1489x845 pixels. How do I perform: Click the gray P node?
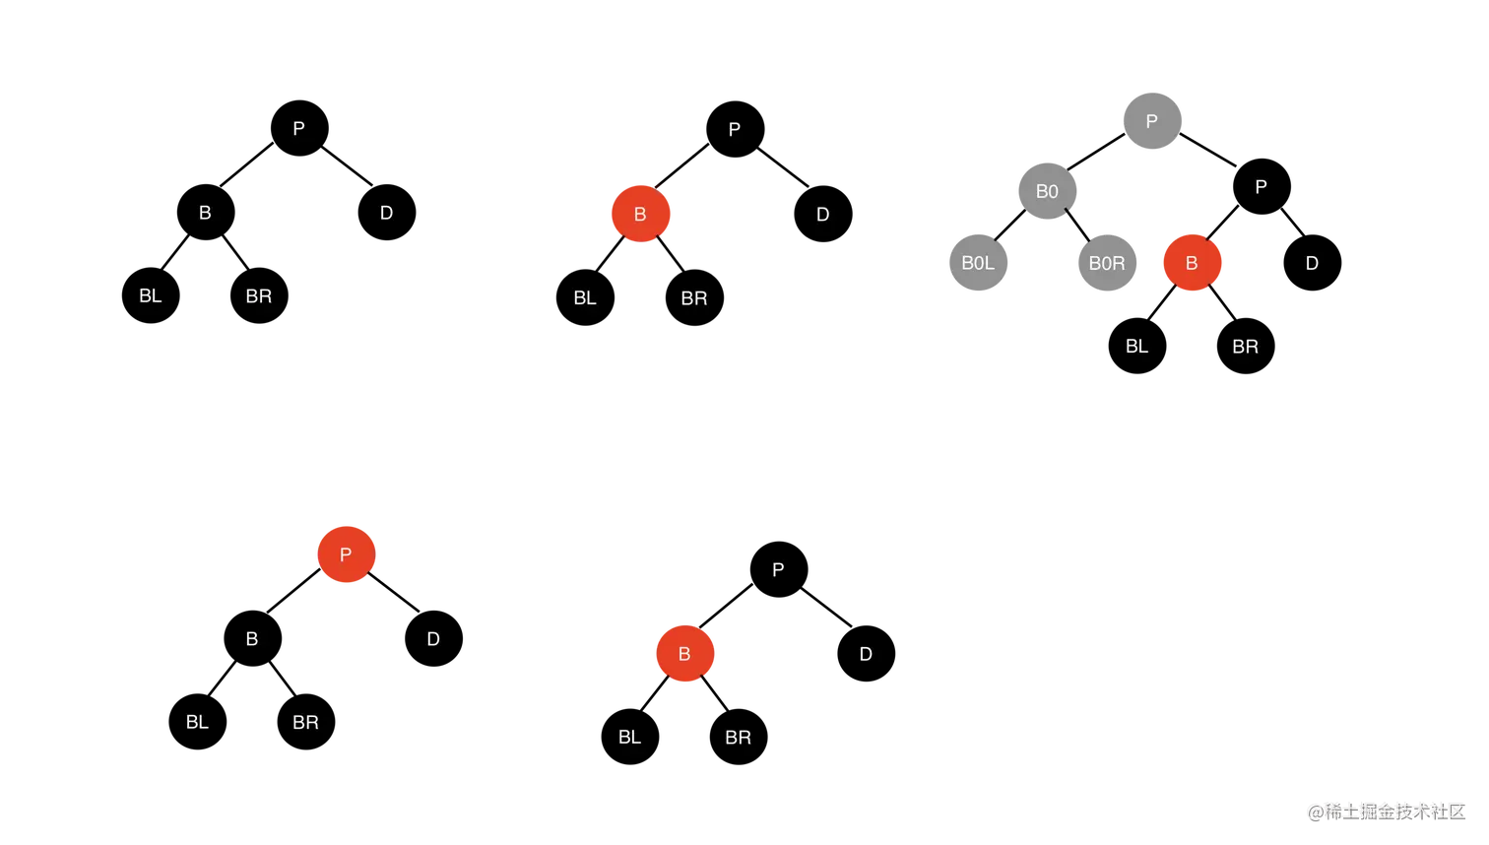point(1152,121)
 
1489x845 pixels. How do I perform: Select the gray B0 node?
point(1048,191)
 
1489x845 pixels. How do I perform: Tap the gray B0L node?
point(978,263)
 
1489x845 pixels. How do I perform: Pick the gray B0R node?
point(1107,263)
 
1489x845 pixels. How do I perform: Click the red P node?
point(346,554)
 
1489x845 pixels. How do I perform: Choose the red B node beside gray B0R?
point(1192,263)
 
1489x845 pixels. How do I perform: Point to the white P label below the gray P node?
point(1261,187)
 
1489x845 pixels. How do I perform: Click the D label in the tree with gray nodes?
point(1312,263)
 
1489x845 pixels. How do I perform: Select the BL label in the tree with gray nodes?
point(1136,347)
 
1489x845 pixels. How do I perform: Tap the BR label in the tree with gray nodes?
point(1245,347)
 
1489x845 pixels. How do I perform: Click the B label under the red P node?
point(252,639)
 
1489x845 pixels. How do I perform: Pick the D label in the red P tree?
point(433,639)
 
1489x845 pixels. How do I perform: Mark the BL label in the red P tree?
point(197,722)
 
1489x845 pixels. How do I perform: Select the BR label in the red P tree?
point(305,723)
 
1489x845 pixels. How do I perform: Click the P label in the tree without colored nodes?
point(298,129)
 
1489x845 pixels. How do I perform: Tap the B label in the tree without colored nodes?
point(205,213)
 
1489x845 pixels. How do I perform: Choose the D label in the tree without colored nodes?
point(386,213)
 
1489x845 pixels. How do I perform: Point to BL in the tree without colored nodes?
point(150,296)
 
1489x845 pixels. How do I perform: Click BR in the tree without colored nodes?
point(258,296)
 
